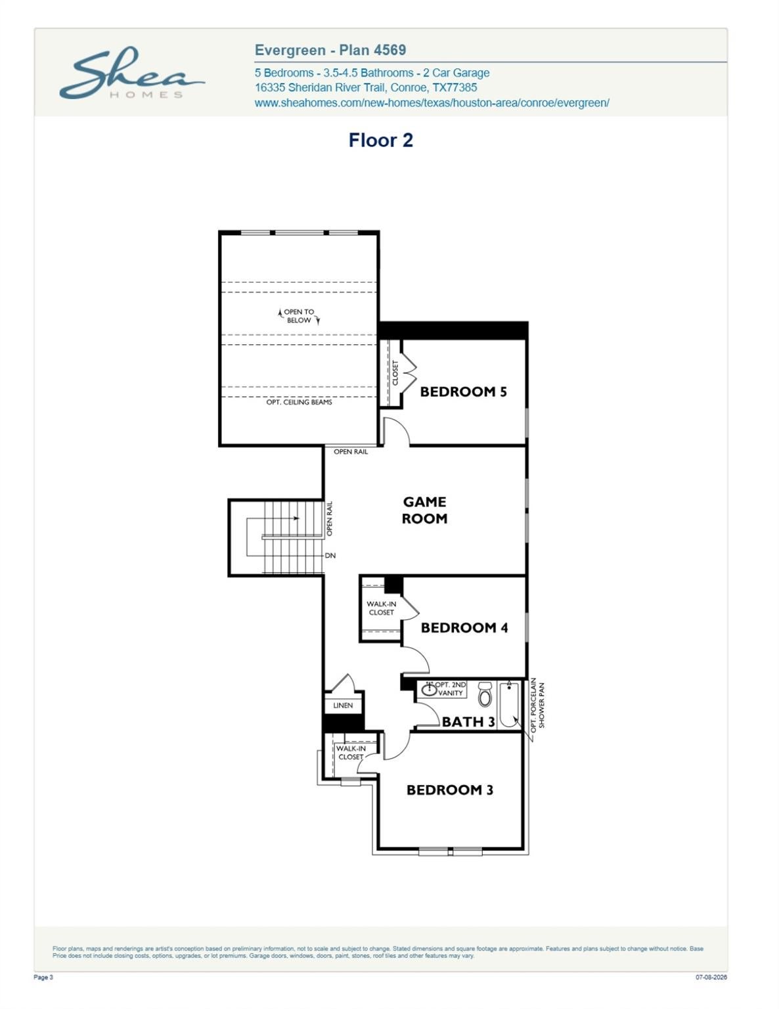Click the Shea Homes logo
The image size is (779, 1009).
[x=132, y=73]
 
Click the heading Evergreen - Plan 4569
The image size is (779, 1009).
[x=330, y=50]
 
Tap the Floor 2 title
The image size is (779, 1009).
[x=381, y=140]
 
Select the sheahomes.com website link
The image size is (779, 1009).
[x=432, y=102]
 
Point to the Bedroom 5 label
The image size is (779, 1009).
[x=463, y=392]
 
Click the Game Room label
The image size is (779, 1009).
[x=424, y=510]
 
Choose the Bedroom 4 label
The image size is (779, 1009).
[x=464, y=627]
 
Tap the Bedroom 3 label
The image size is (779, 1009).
[x=449, y=790]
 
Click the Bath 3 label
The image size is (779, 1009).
[x=468, y=721]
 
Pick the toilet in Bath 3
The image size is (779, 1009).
[x=485, y=694]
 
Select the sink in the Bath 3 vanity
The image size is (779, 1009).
[x=429, y=690]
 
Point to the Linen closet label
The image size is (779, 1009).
[x=343, y=706]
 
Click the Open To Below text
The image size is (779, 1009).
[x=299, y=316]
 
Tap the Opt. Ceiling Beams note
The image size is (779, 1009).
[x=299, y=402]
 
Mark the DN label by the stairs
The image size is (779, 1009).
[x=330, y=555]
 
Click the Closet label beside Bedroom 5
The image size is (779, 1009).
[x=395, y=373]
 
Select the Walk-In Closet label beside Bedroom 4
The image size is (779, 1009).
[x=381, y=608]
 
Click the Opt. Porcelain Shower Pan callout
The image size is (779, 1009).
[x=537, y=705]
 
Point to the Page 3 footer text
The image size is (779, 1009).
[x=43, y=977]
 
